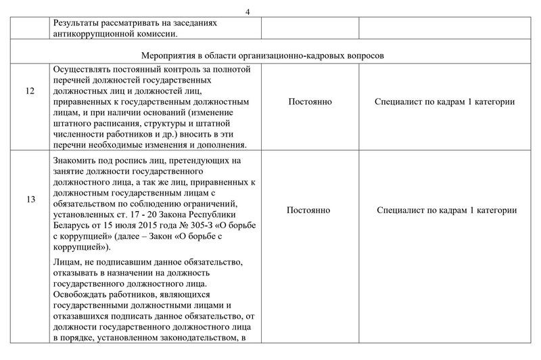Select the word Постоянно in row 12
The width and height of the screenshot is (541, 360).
pos(309,102)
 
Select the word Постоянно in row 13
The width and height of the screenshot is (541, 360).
pos(309,210)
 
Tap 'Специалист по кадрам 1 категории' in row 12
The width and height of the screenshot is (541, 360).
pos(446,102)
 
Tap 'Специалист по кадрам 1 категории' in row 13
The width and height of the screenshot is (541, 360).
pos(446,210)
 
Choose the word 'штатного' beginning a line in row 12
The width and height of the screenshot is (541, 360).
pos(71,124)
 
